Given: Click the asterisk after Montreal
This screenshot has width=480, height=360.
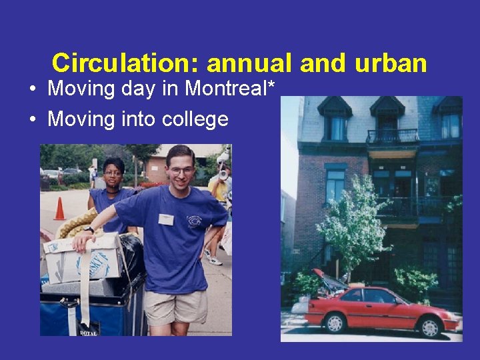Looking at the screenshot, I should tap(271, 85).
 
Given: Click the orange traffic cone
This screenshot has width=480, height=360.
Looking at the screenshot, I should tap(60, 209).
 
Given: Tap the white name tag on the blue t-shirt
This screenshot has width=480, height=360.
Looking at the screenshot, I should tap(166, 219).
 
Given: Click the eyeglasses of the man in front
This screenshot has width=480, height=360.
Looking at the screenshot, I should tap(181, 171).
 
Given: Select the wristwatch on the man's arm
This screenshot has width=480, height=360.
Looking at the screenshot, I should tap(89, 230).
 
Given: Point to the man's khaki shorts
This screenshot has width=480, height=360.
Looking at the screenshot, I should tap(175, 306).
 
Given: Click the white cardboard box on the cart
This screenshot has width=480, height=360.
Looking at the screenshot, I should tap(83, 259).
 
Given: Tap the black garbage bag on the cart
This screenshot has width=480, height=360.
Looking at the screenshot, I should tap(131, 253).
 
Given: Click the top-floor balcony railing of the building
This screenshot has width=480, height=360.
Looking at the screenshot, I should tap(392, 137).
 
